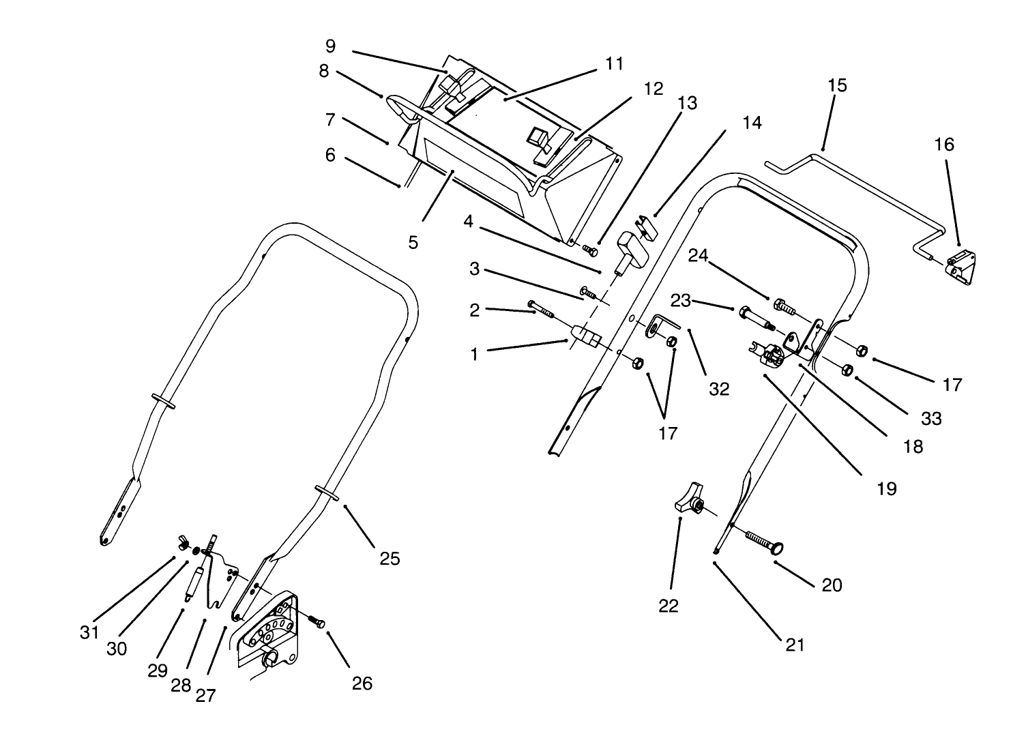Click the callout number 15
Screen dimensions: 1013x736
(837, 86)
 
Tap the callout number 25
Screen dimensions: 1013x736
(390, 559)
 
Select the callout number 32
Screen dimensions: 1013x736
(719, 389)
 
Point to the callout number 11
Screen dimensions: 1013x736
(614, 64)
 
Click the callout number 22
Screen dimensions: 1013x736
(669, 606)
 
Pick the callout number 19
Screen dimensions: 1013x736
(887, 489)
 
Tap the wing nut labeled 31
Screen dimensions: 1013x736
(186, 543)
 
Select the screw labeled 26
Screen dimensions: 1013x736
(315, 621)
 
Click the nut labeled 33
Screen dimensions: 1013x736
(847, 370)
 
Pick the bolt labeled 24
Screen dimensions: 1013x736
(783, 306)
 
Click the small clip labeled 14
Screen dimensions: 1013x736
(645, 226)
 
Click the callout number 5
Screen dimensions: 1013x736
(413, 243)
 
